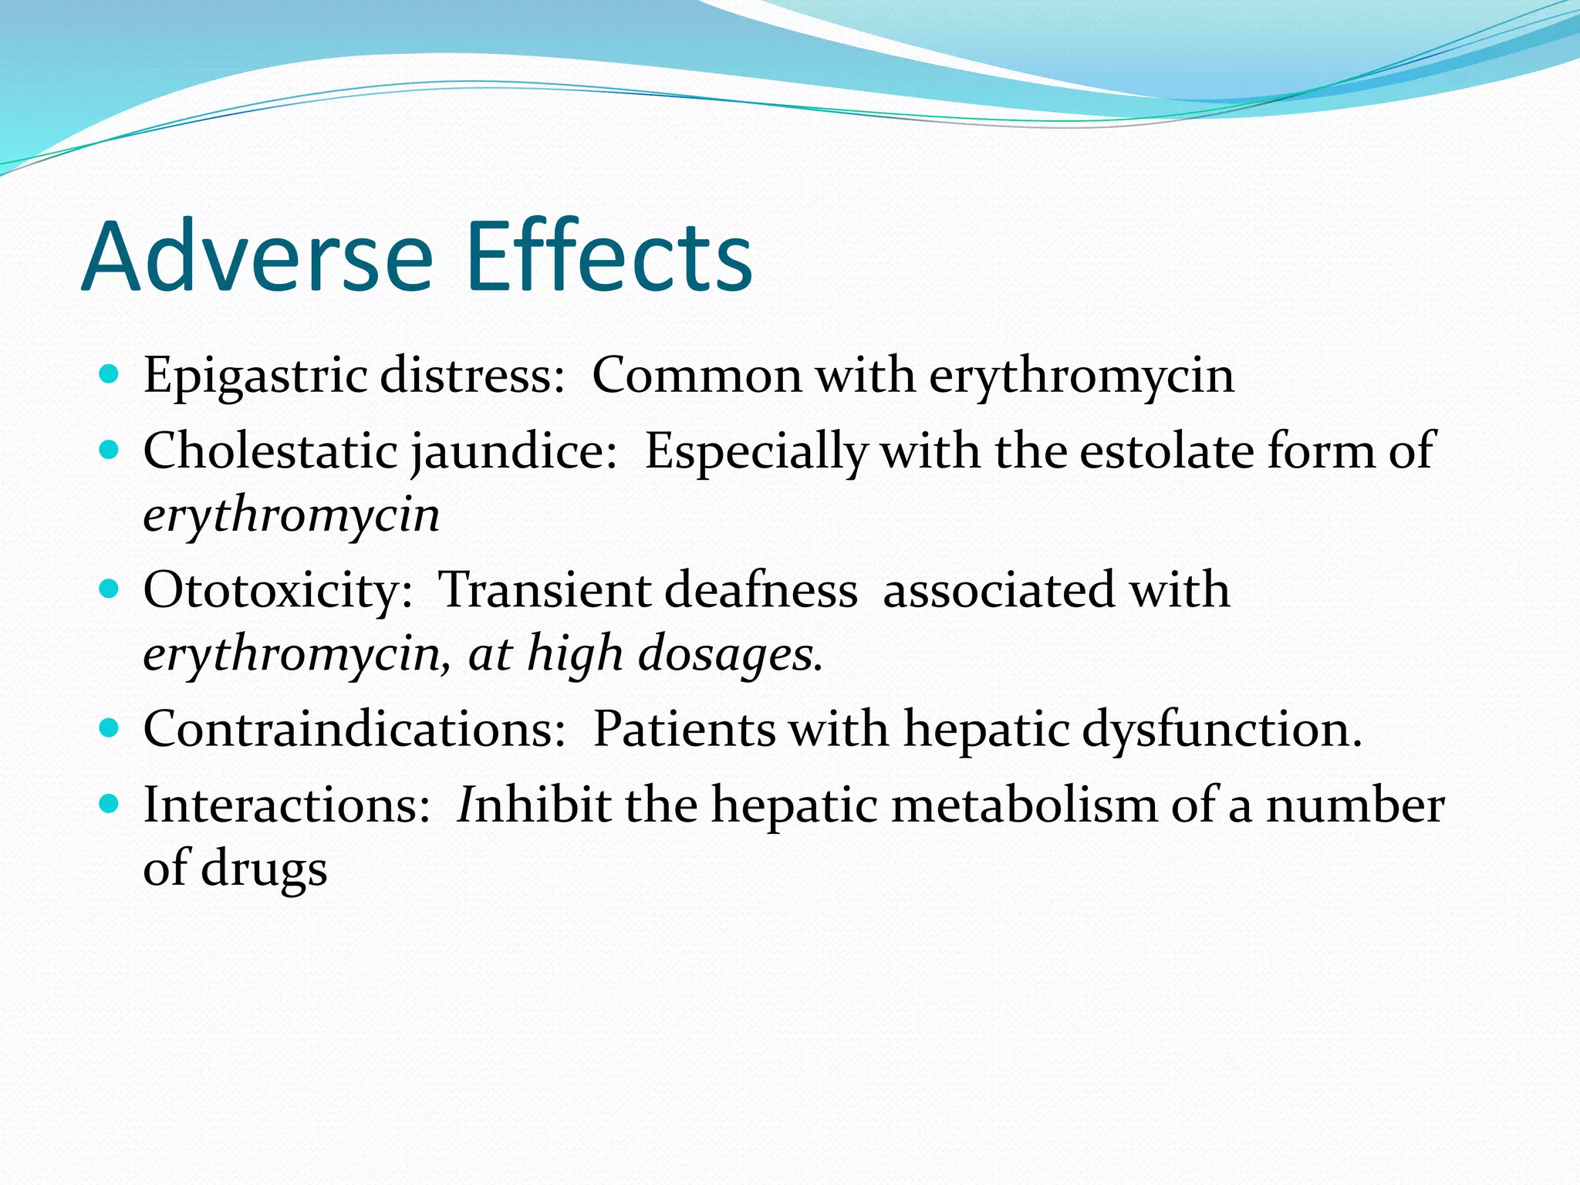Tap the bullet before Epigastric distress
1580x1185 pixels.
click(x=110, y=375)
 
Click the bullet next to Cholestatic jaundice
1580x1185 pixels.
click(x=110, y=450)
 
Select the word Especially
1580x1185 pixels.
click(x=755, y=452)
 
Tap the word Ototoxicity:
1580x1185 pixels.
click(x=278, y=591)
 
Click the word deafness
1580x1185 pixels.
click(x=761, y=590)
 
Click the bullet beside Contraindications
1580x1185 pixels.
click(x=110, y=727)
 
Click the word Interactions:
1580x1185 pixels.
click(x=286, y=805)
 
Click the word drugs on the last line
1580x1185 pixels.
click(x=264, y=869)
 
